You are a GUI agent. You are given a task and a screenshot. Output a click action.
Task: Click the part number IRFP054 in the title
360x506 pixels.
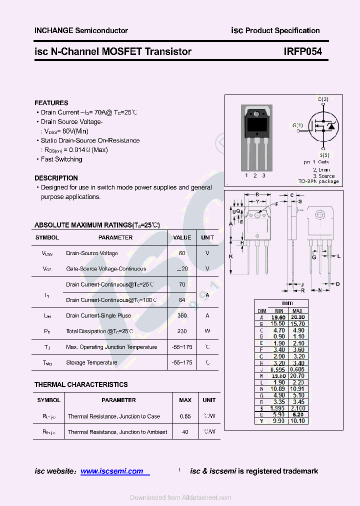pyautogui.click(x=302, y=51)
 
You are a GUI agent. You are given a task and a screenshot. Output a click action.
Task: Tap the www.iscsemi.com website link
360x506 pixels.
pyautogui.click(x=112, y=471)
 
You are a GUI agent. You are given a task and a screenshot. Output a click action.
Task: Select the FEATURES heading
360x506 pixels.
pyautogui.click(x=51, y=102)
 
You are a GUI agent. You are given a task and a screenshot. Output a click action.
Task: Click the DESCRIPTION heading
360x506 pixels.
pyautogui.click(x=56, y=178)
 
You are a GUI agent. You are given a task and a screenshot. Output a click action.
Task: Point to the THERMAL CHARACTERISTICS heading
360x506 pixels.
pyautogui.click(x=81, y=384)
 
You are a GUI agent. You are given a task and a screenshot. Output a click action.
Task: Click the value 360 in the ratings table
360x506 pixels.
pyautogui.click(x=182, y=315)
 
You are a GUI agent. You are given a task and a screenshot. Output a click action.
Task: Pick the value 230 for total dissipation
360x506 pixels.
pyautogui.click(x=182, y=331)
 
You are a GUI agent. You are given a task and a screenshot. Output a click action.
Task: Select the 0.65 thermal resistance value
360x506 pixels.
pyautogui.click(x=185, y=416)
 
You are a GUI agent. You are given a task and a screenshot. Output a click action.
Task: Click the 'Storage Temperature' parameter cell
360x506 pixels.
pyautogui.click(x=91, y=362)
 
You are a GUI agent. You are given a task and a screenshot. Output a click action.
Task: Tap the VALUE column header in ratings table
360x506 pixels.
pyautogui.click(x=182, y=237)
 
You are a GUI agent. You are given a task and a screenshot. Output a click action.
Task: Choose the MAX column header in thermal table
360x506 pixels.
pyautogui.click(x=185, y=400)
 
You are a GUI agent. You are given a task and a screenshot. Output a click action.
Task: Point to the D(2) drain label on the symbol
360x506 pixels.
pyautogui.click(x=323, y=99)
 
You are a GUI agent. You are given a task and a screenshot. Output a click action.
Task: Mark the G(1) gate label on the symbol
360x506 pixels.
pyautogui.click(x=297, y=125)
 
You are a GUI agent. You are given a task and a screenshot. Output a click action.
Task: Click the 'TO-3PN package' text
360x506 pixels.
pyautogui.click(x=318, y=181)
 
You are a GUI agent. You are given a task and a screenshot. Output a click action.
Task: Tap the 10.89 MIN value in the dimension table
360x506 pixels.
pyautogui.click(x=277, y=388)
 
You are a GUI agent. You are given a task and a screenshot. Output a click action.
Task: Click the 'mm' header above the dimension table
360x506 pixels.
pyautogui.click(x=287, y=303)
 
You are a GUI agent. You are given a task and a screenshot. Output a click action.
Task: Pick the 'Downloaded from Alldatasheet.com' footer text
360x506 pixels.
pyautogui.click(x=180, y=497)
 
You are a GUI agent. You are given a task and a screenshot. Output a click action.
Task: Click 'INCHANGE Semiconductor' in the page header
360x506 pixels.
pyautogui.click(x=81, y=30)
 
